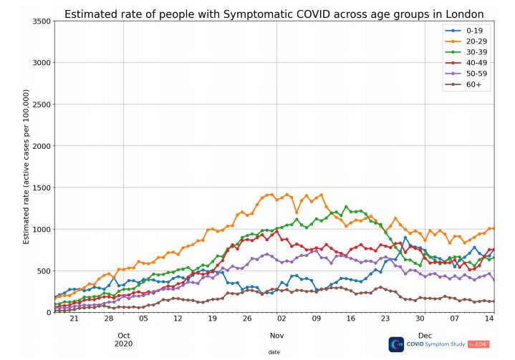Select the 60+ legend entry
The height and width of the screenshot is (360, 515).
[469, 84]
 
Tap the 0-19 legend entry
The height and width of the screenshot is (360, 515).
[469, 31]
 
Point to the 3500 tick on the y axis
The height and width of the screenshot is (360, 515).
[40, 21]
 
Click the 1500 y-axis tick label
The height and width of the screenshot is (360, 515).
[40, 188]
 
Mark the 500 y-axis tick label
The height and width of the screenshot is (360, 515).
[43, 271]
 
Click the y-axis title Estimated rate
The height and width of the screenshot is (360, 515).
[26, 167]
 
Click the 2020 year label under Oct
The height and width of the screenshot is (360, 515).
[124, 344]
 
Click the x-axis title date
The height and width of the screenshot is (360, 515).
[274, 352]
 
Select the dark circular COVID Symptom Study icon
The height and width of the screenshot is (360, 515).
[396, 344]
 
